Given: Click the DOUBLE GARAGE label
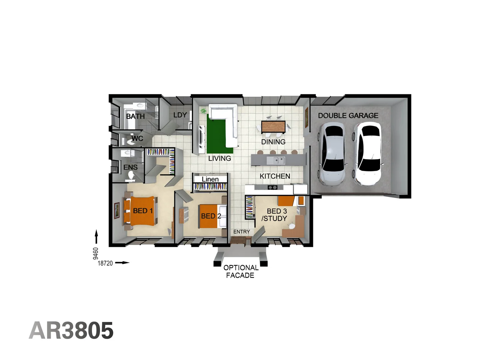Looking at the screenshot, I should click(348, 116).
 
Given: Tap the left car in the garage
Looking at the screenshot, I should click(332, 154).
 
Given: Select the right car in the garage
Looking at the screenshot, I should click(368, 153).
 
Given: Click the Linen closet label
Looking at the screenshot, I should click(210, 179).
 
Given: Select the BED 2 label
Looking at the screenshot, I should click(211, 216).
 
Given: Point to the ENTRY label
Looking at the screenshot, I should click(241, 232).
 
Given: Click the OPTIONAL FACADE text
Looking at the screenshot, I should click(240, 271).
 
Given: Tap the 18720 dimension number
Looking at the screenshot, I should click(105, 263).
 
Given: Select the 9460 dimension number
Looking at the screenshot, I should click(96, 253).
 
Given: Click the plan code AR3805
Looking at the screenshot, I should click(71, 331).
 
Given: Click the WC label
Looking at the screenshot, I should click(137, 138).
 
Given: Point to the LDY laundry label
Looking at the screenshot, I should click(180, 115).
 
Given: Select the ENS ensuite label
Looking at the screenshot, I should click(130, 167).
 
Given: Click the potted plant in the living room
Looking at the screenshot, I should click(203, 110).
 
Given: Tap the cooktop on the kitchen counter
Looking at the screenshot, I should click(272, 187).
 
